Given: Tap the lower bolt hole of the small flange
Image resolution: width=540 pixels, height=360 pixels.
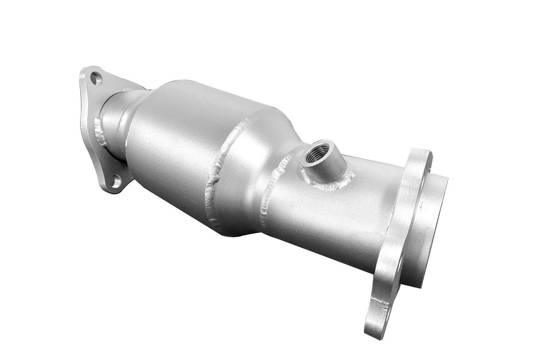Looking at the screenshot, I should pyautogui.click(x=115, y=181).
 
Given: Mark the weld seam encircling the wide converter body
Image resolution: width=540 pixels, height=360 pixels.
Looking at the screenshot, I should pyautogui.click(x=225, y=171).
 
